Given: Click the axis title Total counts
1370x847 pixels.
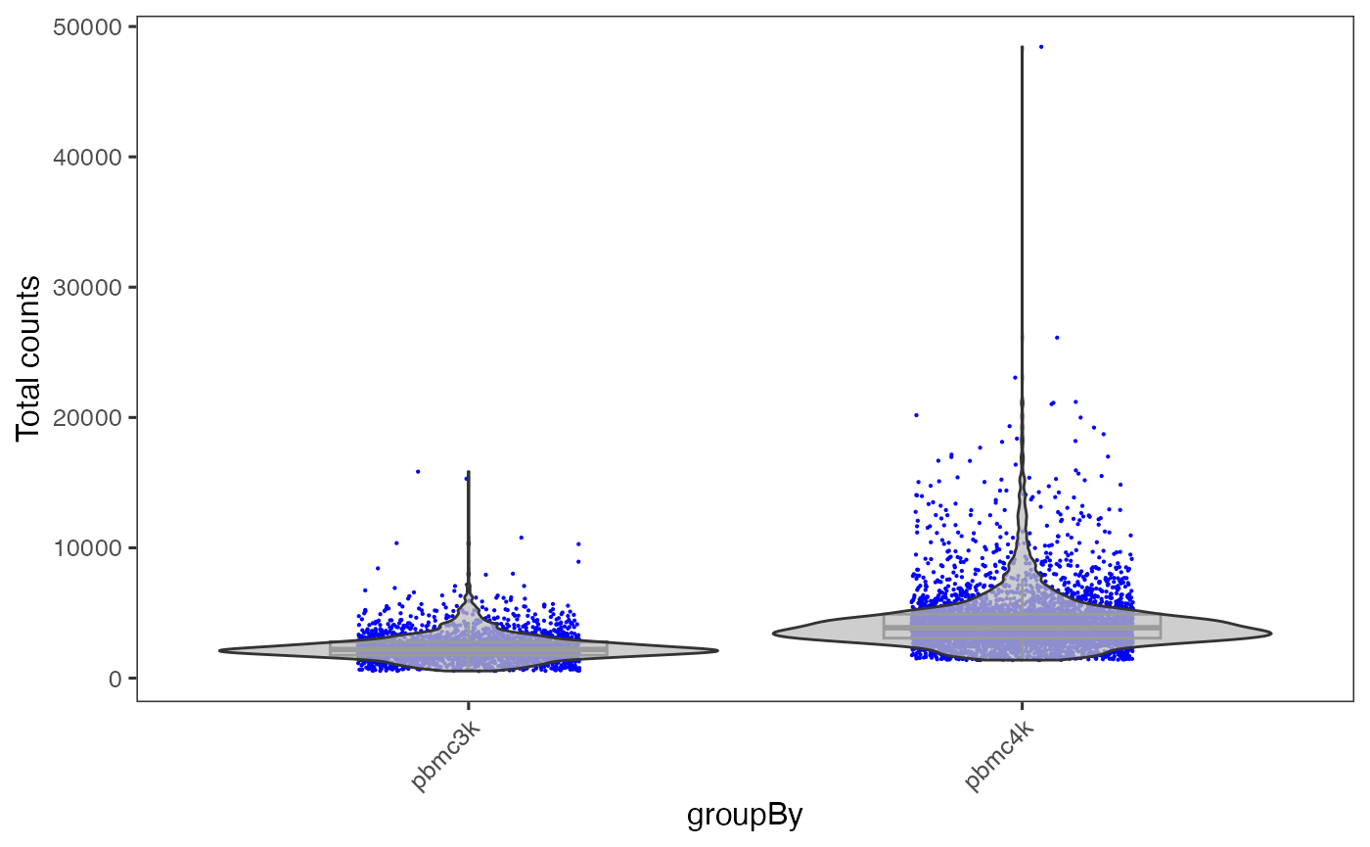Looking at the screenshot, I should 29,357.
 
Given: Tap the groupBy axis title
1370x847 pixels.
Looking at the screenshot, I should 745,815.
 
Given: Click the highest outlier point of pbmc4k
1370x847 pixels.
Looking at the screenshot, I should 1041,46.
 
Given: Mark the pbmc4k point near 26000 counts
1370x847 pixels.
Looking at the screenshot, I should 1057,337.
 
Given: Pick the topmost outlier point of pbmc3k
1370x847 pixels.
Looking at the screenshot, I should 418,471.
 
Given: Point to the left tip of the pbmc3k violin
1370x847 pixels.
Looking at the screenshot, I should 219,650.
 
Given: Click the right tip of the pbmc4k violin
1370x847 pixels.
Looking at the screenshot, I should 1270,634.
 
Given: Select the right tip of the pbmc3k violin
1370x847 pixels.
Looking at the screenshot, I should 717,650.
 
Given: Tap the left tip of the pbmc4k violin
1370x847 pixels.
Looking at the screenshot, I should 773,634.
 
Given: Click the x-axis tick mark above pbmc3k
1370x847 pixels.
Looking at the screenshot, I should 468,705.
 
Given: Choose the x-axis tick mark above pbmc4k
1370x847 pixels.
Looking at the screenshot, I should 1023,705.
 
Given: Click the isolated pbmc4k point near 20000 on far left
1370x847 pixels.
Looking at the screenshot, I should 916,415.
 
